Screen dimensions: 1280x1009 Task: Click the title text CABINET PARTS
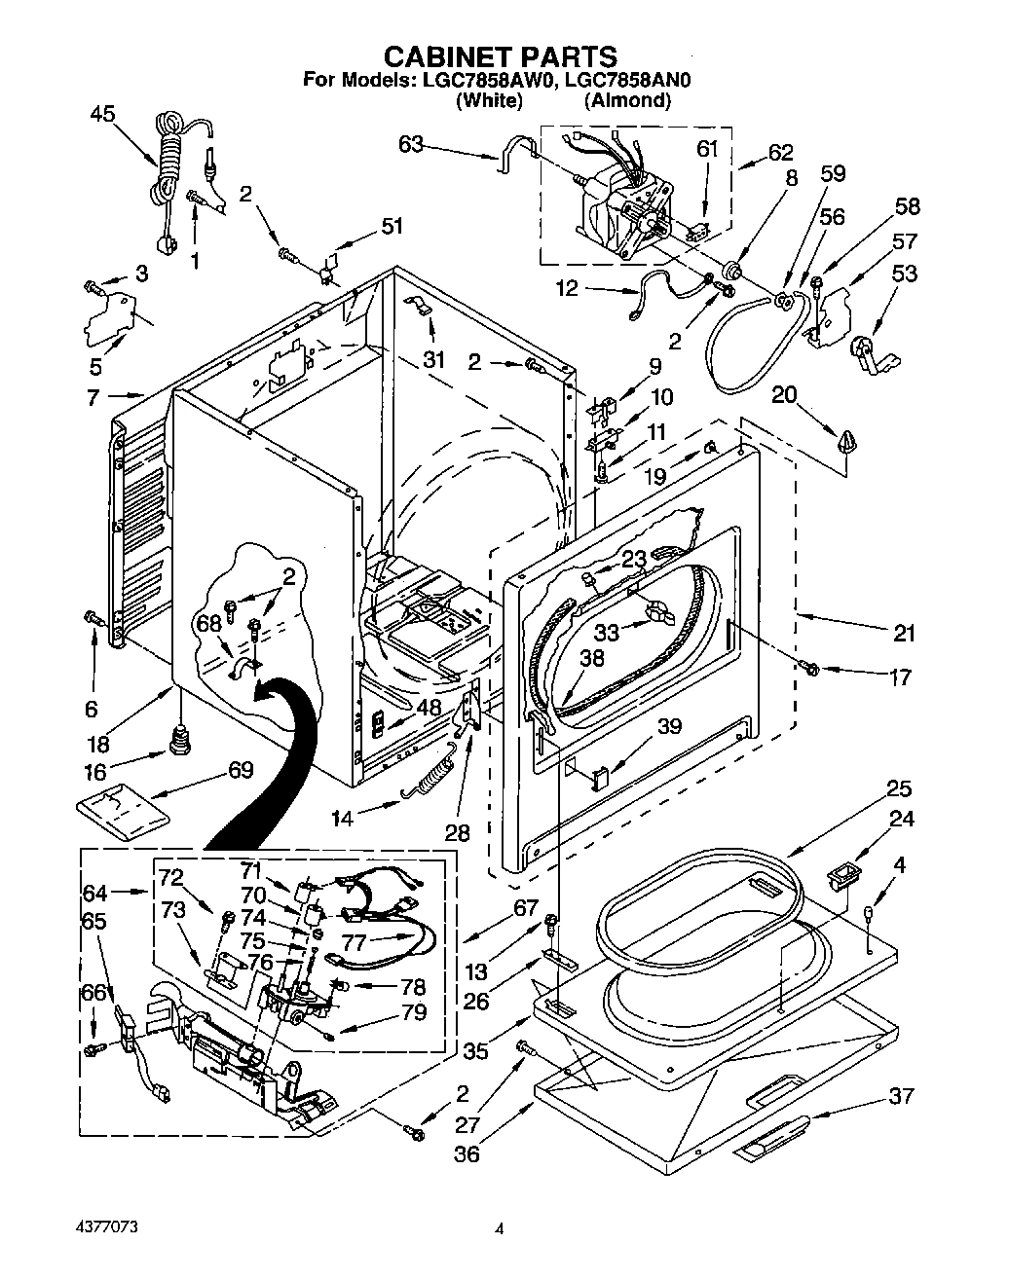point(498,56)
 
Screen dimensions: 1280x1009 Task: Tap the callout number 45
point(102,114)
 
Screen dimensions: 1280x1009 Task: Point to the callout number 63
point(411,145)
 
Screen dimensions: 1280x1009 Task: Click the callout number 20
point(785,393)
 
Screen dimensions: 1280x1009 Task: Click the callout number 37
point(901,1096)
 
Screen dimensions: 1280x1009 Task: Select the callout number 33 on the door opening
point(607,631)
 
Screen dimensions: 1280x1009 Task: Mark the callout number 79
point(414,1012)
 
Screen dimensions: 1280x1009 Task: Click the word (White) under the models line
point(489,100)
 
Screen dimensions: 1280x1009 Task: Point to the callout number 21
point(904,634)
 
